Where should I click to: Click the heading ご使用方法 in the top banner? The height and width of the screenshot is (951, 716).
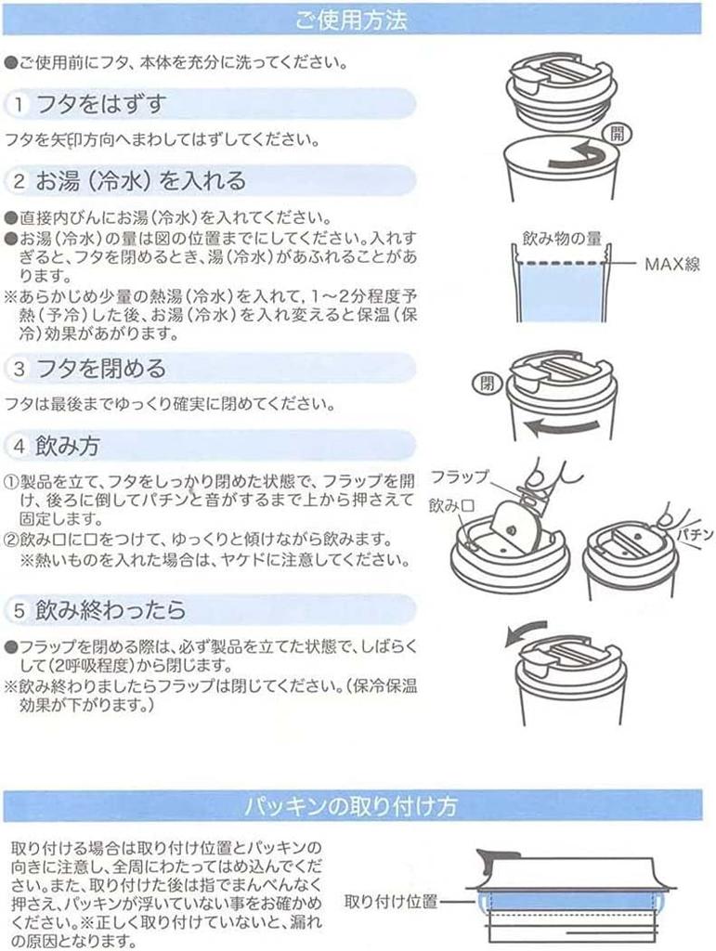(x=351, y=19)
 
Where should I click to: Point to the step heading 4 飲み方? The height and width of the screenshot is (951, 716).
(x=67, y=445)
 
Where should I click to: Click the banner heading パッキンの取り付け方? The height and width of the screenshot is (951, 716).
(x=351, y=804)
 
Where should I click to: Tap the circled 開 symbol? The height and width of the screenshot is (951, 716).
(x=617, y=134)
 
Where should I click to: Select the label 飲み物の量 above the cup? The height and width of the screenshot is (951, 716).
(x=557, y=239)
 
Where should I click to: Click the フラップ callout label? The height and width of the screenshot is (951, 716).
(x=459, y=477)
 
